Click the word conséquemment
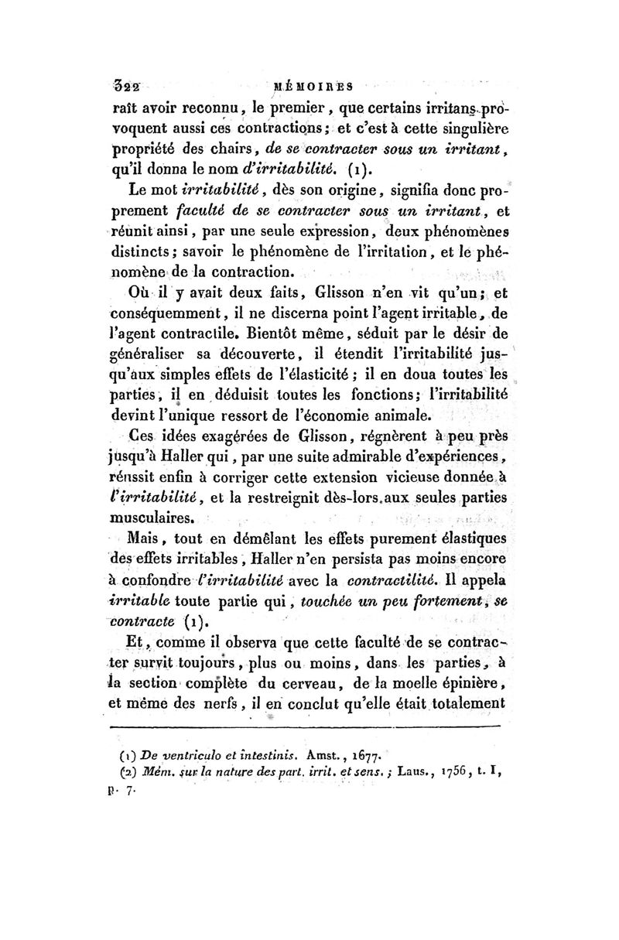[169, 315]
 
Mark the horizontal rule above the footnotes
[306, 726]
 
